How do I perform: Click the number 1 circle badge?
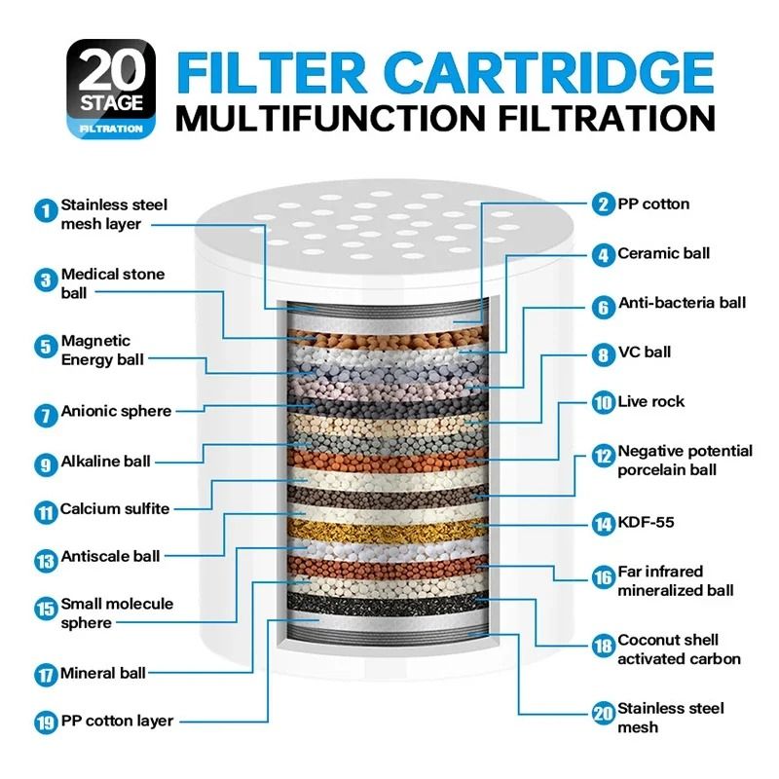click(45, 209)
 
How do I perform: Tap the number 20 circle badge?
click(603, 712)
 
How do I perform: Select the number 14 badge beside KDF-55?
click(603, 523)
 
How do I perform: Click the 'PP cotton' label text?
click(653, 204)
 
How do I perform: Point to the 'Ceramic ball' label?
click(664, 253)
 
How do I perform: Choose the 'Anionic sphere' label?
click(116, 411)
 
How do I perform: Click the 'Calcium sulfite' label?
click(115, 508)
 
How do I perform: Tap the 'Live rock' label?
click(650, 401)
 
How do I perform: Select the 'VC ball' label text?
click(645, 352)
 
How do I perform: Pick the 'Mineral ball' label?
click(103, 673)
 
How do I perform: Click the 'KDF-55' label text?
click(647, 523)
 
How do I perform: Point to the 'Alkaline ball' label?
click(106, 461)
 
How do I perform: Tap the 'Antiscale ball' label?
click(110, 557)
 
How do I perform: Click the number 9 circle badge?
click(45, 464)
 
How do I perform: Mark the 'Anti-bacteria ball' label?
click(683, 303)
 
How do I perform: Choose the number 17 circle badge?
click(45, 674)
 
